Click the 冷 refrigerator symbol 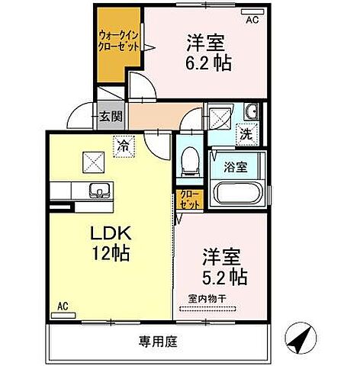point(121,143)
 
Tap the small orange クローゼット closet point(188,201)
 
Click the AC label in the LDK point(63,308)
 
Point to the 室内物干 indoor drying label point(204,299)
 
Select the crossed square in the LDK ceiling point(94,162)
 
